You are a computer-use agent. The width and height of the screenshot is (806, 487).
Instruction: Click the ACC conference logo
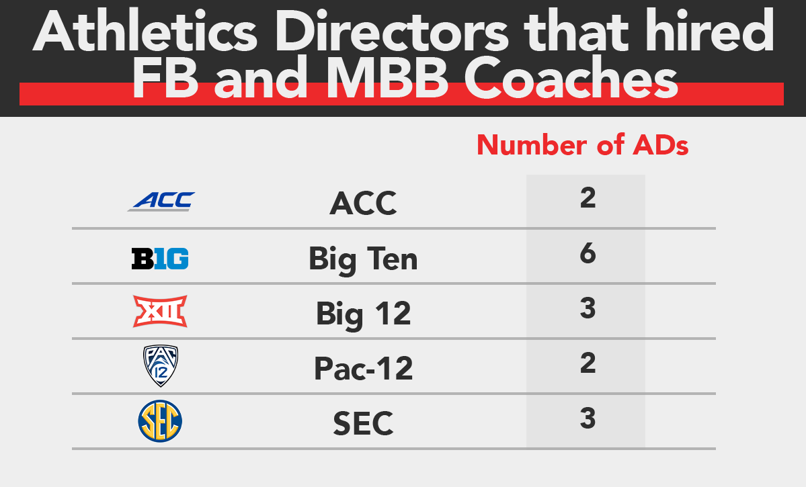[x=161, y=201]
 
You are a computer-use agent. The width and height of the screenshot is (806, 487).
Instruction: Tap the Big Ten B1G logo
[x=160, y=259]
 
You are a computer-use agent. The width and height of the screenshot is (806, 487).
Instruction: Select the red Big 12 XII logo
[x=160, y=311]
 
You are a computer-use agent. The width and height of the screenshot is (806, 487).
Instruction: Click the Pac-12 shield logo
[x=161, y=366]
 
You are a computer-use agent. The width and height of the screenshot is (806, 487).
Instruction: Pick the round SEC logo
[x=160, y=421]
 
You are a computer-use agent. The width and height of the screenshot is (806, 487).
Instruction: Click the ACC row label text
[x=363, y=204]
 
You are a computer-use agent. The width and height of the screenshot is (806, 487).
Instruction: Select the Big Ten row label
[x=363, y=259]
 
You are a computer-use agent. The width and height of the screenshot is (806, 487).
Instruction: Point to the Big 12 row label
[x=364, y=314]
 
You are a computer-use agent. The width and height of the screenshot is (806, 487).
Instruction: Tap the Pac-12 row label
[x=364, y=368]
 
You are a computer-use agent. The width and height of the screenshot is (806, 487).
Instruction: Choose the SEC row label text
[x=363, y=423]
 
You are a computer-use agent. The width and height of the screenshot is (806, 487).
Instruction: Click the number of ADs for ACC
[x=588, y=197]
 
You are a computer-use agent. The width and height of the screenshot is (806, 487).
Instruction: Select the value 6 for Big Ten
[x=588, y=253]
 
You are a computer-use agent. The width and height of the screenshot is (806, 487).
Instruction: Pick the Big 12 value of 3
[x=588, y=308]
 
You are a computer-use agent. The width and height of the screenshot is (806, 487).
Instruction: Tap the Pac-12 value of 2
[x=588, y=363]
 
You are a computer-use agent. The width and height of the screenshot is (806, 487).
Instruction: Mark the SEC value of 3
[x=588, y=418]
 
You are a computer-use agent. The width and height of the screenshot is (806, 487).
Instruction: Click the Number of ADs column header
[x=582, y=145]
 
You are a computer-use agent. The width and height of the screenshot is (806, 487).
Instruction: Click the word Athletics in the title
[x=145, y=31]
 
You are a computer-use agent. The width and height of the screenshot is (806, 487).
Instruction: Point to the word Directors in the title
[x=392, y=31]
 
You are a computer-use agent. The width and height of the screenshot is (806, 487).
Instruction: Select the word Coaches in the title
[x=571, y=78]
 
